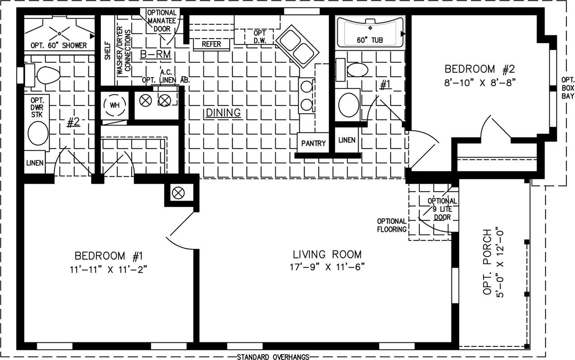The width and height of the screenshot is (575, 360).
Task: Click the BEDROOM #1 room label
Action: pos(109,256)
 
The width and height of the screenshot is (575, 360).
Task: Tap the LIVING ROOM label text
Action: pos(327,254)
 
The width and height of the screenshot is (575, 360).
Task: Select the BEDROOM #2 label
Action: pos(480,69)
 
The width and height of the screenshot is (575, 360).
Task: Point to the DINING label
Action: pos(223,112)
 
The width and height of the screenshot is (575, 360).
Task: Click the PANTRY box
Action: pos(313,143)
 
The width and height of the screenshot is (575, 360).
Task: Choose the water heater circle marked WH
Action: pos(115,105)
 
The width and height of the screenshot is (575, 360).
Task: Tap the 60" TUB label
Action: pos(369,40)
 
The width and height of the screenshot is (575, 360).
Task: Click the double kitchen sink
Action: pos(297,47)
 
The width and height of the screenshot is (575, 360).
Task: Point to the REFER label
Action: pos(211,44)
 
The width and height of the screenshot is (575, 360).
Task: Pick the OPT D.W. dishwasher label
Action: pos(259,37)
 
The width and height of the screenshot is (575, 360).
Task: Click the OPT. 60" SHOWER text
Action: pos(58,45)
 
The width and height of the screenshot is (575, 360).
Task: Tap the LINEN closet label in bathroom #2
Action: pos(35,163)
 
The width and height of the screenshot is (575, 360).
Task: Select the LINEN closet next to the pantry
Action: pos(347,140)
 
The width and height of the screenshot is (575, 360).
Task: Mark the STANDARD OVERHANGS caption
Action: pos(273,357)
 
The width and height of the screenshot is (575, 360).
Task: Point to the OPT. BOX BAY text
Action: pos(568,88)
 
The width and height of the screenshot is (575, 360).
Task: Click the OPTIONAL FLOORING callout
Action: pos(392,225)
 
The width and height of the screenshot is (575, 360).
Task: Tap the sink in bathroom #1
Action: pos(349,105)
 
